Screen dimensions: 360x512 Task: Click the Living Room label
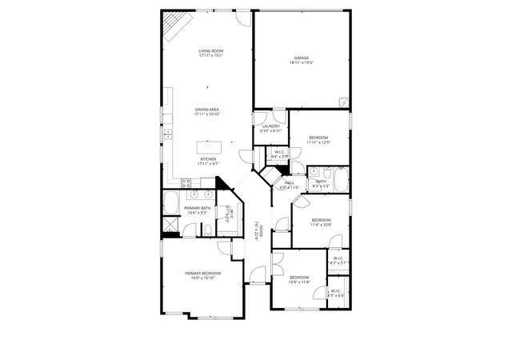pyautogui.click(x=211, y=51)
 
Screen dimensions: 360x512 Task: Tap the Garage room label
pyautogui.click(x=301, y=58)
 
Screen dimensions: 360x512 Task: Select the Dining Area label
pyautogui.click(x=206, y=110)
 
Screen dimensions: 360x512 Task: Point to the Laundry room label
pyautogui.click(x=270, y=126)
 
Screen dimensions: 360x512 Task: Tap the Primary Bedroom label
pyautogui.click(x=203, y=274)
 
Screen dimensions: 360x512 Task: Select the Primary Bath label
pyautogui.click(x=177, y=209)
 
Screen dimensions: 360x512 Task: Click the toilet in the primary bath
pyautogui.click(x=207, y=230)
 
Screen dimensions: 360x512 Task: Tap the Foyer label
pyautogui.click(x=258, y=231)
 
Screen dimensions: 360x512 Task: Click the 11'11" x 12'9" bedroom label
pyautogui.click(x=319, y=138)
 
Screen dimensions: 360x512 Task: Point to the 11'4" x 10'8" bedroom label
pyautogui.click(x=321, y=220)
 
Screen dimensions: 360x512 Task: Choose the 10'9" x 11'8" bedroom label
pyautogui.click(x=298, y=278)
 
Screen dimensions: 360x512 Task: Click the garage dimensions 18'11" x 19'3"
pyautogui.click(x=301, y=62)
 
